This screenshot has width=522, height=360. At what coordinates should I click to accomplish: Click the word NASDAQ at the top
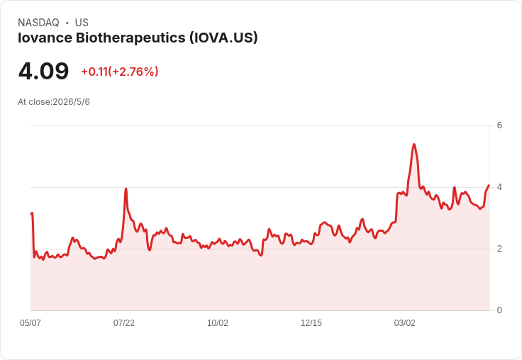click(38, 23)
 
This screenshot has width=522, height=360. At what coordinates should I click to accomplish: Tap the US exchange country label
click(82, 23)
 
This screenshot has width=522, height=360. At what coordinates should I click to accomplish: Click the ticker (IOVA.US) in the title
click(223, 38)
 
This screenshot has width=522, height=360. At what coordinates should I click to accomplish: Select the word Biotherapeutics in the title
click(130, 38)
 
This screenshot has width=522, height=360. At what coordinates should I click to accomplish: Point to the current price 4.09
click(43, 71)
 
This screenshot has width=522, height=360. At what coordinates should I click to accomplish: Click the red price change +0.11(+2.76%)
click(120, 72)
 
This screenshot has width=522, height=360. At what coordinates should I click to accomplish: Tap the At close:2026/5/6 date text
click(54, 102)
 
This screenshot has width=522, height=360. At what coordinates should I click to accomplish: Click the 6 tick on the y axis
click(499, 125)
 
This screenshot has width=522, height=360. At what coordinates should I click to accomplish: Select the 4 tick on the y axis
click(499, 187)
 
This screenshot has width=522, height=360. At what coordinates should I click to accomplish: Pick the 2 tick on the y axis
click(499, 249)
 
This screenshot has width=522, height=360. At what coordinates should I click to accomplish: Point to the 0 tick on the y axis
click(499, 310)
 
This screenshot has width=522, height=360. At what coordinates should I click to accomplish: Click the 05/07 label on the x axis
click(30, 322)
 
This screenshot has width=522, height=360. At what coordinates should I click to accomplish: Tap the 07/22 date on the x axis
click(124, 322)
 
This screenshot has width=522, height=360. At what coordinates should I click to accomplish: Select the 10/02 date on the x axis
click(218, 322)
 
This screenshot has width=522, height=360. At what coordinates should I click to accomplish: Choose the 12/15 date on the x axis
click(311, 322)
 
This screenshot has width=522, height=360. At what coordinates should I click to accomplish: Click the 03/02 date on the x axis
click(404, 322)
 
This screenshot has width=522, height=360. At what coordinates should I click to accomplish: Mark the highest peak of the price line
click(413, 145)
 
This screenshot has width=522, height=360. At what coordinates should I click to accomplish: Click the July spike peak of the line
click(126, 189)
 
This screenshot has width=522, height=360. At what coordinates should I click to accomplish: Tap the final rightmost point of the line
click(489, 185)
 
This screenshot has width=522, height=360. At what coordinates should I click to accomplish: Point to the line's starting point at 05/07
click(31, 213)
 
